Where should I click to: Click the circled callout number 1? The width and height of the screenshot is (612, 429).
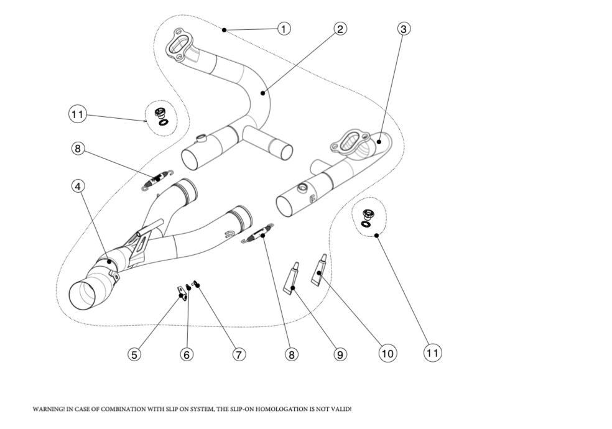(x=284, y=29)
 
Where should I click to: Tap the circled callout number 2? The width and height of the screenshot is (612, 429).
(x=340, y=29)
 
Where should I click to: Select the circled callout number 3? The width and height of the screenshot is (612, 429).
(x=404, y=29)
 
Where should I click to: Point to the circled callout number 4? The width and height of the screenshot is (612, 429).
(x=78, y=186)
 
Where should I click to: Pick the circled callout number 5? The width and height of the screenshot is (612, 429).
(x=134, y=354)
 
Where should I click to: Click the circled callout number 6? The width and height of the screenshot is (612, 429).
(x=187, y=354)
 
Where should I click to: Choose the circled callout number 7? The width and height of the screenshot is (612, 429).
(x=238, y=354)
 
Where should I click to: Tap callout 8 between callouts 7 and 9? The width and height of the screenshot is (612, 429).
(x=291, y=354)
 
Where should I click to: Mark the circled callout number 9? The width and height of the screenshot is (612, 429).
(x=340, y=354)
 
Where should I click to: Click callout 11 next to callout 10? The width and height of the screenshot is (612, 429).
(x=433, y=353)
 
